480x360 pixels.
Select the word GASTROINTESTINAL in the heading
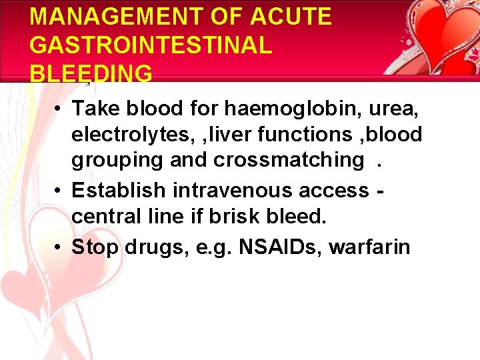151,45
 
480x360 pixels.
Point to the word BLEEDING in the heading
91,73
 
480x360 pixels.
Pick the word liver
235,135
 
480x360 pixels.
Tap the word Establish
119,190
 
